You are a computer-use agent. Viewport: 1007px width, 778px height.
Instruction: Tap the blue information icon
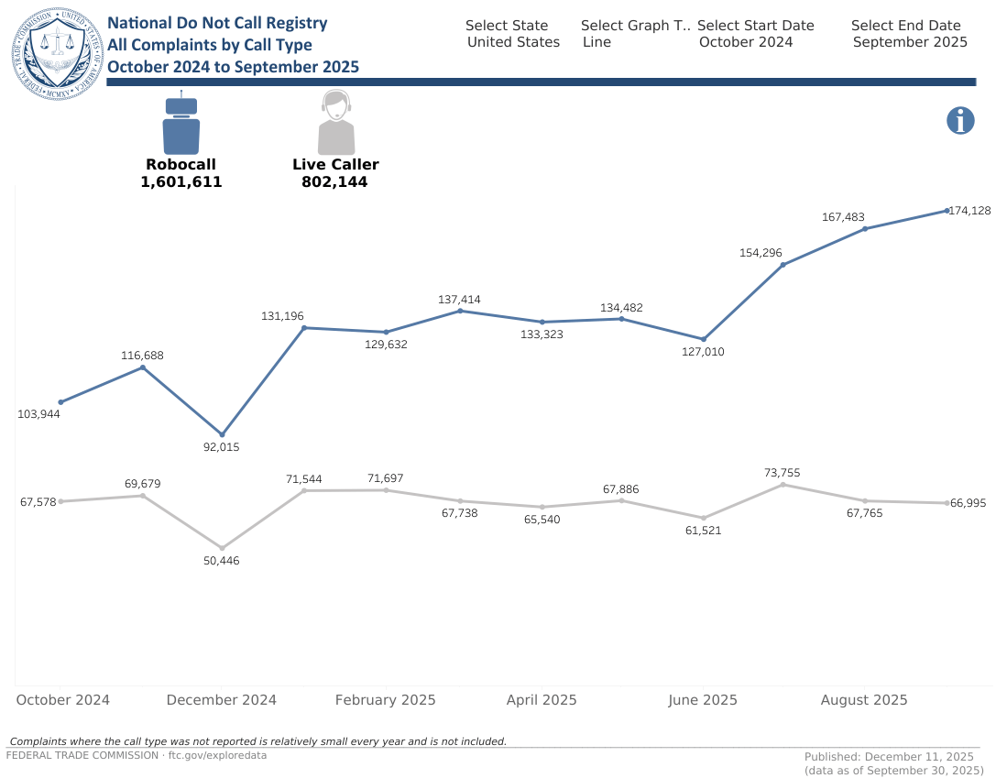tap(959, 120)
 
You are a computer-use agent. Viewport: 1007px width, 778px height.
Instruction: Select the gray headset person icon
tap(336, 125)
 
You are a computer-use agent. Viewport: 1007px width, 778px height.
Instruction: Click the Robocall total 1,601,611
tap(181, 182)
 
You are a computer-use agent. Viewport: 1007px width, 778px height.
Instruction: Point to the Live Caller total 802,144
tap(334, 182)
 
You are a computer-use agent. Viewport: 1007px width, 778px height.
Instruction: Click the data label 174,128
tap(970, 211)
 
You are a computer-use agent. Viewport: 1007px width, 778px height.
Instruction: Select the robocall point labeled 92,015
tap(222, 434)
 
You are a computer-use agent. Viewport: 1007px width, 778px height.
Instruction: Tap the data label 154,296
tap(761, 252)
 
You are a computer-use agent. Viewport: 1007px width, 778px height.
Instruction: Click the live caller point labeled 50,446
tap(222, 548)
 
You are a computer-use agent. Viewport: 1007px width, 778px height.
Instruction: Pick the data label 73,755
tap(783, 473)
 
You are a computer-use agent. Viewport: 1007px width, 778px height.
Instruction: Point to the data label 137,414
tap(459, 300)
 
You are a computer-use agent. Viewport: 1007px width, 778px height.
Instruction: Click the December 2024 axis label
tap(222, 700)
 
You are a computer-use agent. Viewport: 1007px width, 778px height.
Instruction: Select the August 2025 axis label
tap(864, 700)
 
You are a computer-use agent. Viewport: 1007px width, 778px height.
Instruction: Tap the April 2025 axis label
tap(542, 700)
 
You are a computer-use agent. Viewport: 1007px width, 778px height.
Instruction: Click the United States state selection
tap(513, 42)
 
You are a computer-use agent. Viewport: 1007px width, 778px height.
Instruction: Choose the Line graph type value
tap(597, 42)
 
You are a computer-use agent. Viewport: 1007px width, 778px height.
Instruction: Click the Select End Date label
tap(905, 26)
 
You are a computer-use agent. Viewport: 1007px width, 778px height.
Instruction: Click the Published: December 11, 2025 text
tap(888, 757)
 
